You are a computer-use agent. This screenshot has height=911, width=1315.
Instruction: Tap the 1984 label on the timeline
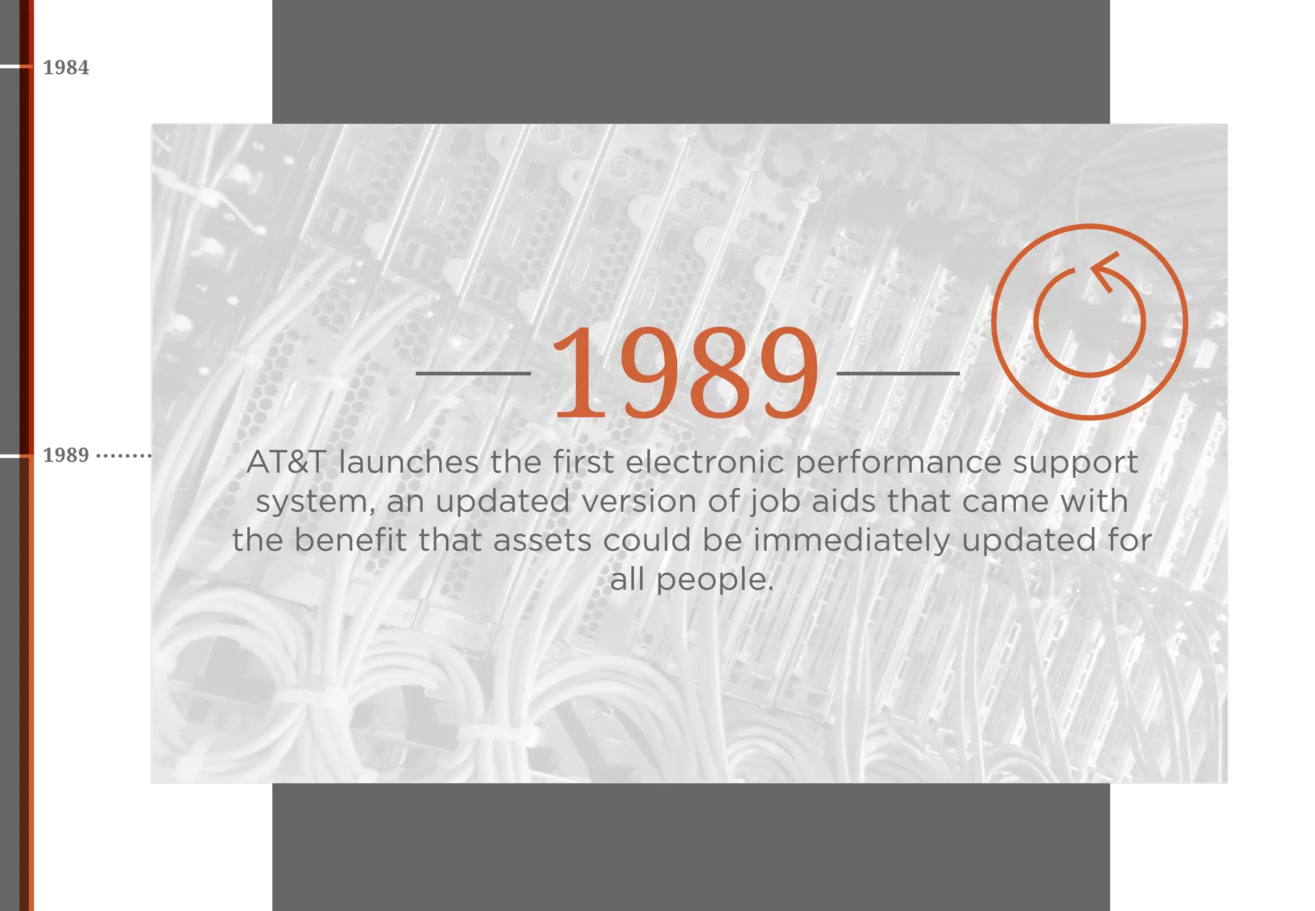tap(66, 67)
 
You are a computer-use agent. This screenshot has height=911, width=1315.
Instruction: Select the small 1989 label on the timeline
tap(65, 455)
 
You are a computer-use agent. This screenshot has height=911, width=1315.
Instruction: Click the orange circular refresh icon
tap(1089, 322)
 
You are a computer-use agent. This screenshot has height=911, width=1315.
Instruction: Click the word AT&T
tap(286, 462)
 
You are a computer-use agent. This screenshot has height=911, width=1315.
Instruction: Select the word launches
tap(409, 462)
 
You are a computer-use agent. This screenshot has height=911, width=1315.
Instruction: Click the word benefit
tap(351, 540)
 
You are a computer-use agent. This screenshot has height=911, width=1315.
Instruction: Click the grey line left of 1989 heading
tap(473, 372)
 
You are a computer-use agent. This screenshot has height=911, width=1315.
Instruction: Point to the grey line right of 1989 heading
tap(898, 372)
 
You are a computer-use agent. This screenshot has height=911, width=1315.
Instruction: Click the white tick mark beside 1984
tap(15, 66)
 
